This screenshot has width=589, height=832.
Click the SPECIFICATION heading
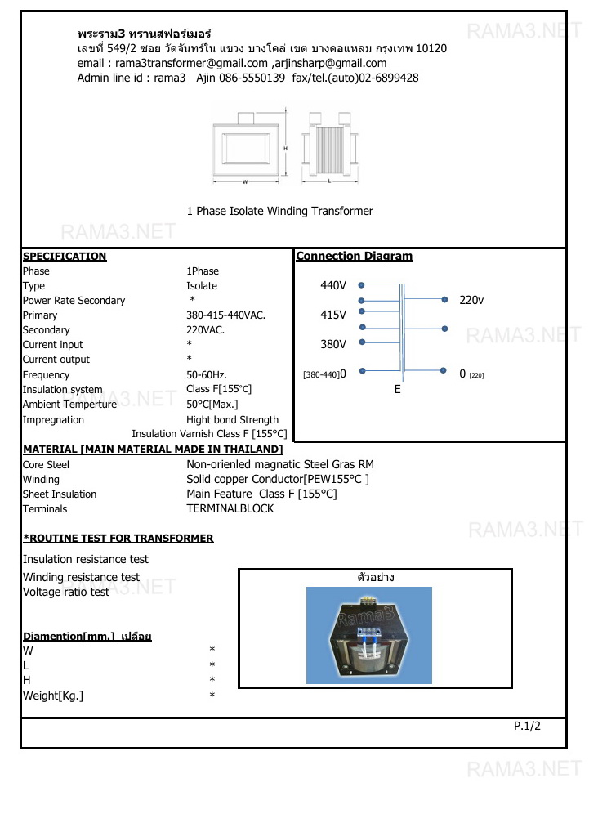65,256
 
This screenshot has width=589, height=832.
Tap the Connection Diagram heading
354,256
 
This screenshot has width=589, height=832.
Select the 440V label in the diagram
333,285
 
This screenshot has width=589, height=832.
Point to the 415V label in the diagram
333,315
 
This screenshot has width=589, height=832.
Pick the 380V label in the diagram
333,344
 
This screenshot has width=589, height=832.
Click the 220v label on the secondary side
471,300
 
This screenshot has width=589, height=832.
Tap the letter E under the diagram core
398,390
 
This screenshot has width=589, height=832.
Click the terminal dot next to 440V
362,285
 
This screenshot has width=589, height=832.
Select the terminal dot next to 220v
444,300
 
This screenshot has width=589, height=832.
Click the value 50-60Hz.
207,374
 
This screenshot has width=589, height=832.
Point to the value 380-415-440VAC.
225,315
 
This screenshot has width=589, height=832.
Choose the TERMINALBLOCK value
230,508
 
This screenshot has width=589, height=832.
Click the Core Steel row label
46,464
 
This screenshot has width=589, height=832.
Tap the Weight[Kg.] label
53,696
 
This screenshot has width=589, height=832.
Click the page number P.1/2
527,725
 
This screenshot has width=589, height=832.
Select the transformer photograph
368,634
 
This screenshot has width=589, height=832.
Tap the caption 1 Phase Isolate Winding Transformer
279,211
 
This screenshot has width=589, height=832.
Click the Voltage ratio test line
65,592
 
